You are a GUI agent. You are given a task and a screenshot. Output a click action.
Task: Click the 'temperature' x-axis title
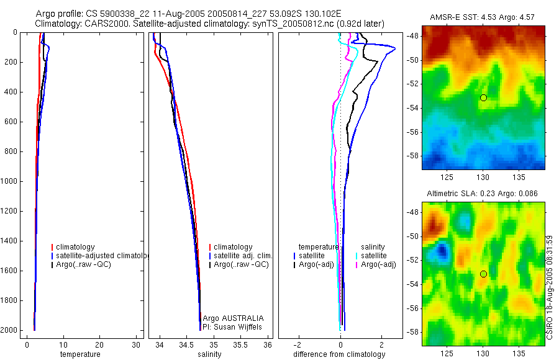(80, 354)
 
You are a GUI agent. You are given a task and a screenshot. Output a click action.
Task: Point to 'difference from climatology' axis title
(339, 354)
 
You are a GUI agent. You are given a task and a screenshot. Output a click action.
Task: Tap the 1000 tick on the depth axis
(11, 181)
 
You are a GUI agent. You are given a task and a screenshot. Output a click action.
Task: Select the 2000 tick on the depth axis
(11, 330)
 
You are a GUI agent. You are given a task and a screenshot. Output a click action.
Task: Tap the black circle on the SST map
(483, 97)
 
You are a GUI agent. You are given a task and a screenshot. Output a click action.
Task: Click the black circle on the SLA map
(483, 274)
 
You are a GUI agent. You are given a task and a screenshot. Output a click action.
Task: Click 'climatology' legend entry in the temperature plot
(75, 247)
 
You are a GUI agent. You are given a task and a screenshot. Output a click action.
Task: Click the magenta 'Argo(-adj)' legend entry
(378, 264)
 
